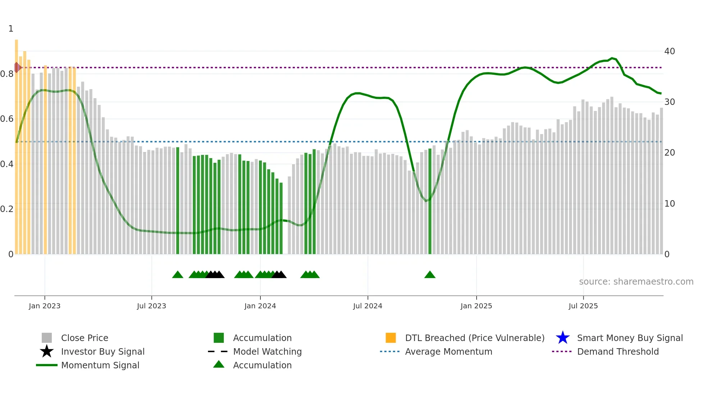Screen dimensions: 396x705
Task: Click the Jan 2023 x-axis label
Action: click(x=45, y=306)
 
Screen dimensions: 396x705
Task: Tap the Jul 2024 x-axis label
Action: click(x=368, y=306)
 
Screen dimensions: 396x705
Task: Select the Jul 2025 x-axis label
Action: click(x=583, y=306)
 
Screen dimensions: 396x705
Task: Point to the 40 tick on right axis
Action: click(x=669, y=51)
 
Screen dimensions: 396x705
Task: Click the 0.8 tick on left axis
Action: click(x=7, y=74)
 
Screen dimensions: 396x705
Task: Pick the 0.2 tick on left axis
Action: click(x=7, y=209)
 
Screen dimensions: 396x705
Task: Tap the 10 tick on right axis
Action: click(x=669, y=204)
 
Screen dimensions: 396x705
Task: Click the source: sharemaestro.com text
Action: click(x=636, y=282)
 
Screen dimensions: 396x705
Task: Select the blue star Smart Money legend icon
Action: click(x=563, y=338)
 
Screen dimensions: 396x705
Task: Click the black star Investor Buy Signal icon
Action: click(x=47, y=351)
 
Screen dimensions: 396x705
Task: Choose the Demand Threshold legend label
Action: click(x=618, y=351)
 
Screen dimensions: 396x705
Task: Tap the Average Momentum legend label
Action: click(x=449, y=351)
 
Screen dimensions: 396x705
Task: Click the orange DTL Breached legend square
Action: click(x=391, y=338)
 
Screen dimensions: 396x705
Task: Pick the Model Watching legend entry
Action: click(x=267, y=351)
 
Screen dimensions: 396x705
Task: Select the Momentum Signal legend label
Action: click(x=100, y=365)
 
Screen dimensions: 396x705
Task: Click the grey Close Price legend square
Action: click(x=47, y=338)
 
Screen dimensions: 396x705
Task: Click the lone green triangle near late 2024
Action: click(x=430, y=275)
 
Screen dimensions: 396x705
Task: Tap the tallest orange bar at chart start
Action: click(x=17, y=144)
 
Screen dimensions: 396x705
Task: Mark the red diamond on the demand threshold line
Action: click(x=17, y=67)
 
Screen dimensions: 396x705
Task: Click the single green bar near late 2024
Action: click(x=430, y=201)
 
